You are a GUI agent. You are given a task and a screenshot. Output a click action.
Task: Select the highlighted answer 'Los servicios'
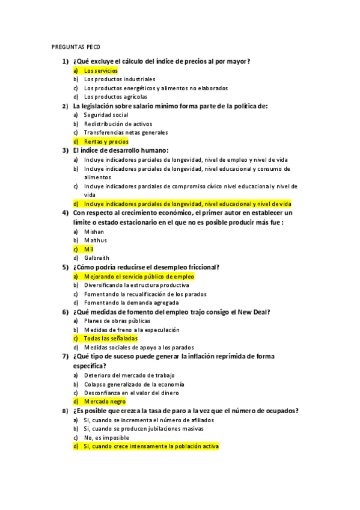tap(100, 70)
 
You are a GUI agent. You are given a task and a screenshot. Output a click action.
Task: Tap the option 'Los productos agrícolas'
tap(115, 96)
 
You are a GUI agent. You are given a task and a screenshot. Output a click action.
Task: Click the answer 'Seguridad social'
tap(106, 115)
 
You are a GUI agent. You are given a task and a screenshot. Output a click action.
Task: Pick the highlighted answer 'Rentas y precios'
tap(106, 141)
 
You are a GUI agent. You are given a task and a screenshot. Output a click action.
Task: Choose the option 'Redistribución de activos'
tap(118, 124)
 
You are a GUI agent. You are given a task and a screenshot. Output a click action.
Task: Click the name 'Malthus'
tap(96, 240)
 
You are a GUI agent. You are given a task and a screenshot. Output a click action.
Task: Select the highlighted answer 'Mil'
tap(88, 249)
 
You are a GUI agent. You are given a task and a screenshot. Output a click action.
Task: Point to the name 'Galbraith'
tap(97, 258)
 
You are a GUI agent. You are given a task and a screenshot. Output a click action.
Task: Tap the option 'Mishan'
tap(94, 232)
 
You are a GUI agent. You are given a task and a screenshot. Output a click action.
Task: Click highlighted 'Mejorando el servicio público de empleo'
tap(139, 277)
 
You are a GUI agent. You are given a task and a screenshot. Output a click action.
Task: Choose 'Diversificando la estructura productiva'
tap(136, 285)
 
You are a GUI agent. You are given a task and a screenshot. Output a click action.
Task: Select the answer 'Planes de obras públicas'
tap(117, 321)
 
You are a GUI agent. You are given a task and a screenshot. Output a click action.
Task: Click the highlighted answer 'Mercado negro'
tap(105, 401)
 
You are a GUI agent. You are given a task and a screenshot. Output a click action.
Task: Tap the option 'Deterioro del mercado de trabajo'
tap(129, 375)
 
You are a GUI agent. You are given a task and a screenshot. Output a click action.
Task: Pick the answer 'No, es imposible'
tap(106, 438)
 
